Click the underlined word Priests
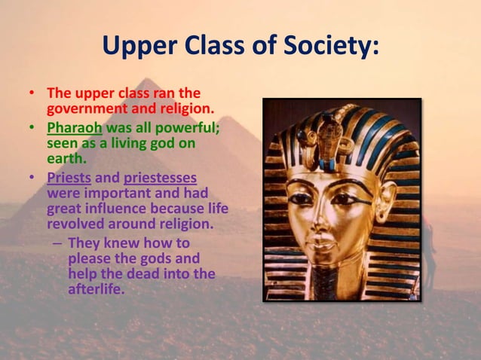[x=69, y=178]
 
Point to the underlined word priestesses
[x=160, y=178]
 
